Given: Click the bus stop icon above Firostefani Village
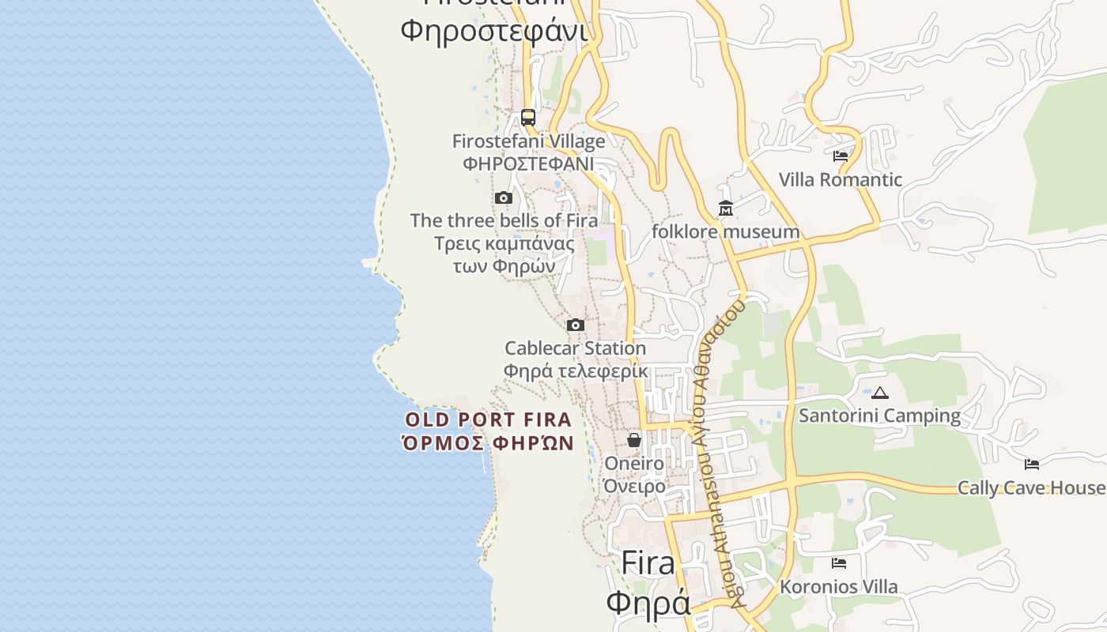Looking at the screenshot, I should (x=528, y=118).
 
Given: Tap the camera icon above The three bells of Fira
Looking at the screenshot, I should (x=504, y=197).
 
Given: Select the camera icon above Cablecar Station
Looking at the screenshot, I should (x=576, y=325).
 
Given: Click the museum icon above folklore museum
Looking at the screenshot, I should (x=726, y=209).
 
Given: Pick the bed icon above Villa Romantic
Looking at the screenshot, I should (x=841, y=156).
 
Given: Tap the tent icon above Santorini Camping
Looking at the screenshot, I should (x=880, y=393).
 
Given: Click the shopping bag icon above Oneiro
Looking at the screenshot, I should (x=634, y=439).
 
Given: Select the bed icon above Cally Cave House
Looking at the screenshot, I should (x=1032, y=464).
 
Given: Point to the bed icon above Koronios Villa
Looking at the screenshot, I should (x=839, y=563).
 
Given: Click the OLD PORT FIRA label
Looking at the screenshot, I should (x=488, y=419).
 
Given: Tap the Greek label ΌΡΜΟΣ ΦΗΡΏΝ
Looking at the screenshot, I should (x=488, y=442).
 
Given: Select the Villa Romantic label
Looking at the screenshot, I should (x=841, y=179).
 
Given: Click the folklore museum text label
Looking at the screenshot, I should (x=726, y=231).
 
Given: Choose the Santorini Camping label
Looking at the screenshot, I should (x=880, y=416).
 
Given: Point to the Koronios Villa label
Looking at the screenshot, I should (x=839, y=587).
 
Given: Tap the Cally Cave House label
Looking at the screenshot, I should (x=1031, y=487).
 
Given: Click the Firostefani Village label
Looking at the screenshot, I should (x=528, y=141).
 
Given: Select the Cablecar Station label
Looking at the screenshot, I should (x=576, y=348).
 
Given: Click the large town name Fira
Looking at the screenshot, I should (x=648, y=562).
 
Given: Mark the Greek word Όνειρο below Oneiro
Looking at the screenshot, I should (x=635, y=486).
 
